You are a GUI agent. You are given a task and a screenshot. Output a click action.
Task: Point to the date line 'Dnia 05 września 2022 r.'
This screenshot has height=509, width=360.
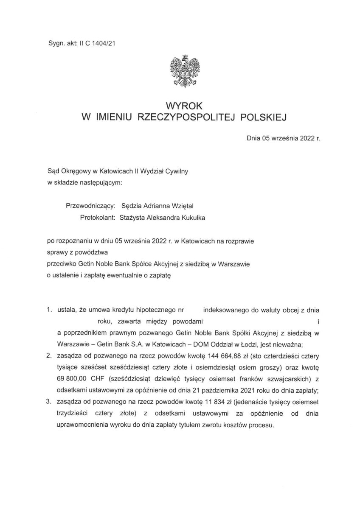coord(283,138)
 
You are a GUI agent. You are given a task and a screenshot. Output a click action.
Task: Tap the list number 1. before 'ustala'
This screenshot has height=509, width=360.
coord(50,310)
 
